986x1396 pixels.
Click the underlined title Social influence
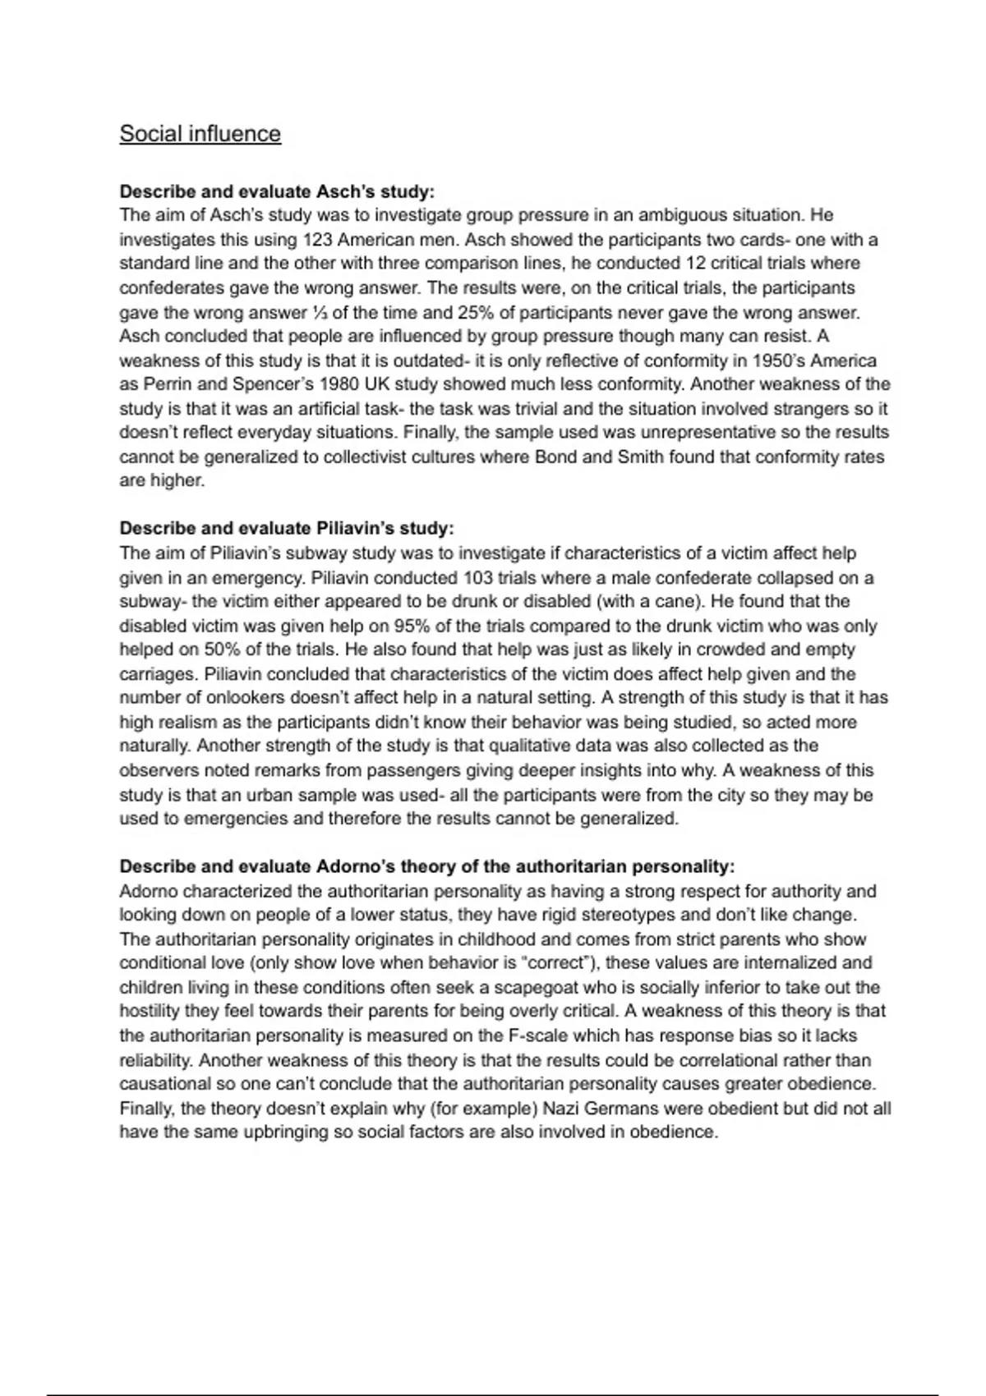(200, 134)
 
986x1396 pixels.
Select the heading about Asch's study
(277, 191)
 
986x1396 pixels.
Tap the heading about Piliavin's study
(287, 528)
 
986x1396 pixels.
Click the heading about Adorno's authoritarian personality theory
(427, 866)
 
